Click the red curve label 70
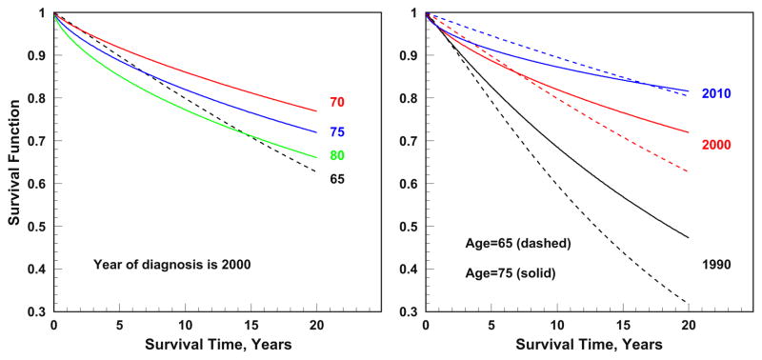[x=337, y=103]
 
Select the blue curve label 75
[x=337, y=132]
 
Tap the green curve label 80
[x=337, y=156]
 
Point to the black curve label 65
[x=337, y=178]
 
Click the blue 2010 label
[x=715, y=94]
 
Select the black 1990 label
[x=715, y=264]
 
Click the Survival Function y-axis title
[x=15, y=162]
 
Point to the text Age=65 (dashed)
[x=514, y=243]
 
